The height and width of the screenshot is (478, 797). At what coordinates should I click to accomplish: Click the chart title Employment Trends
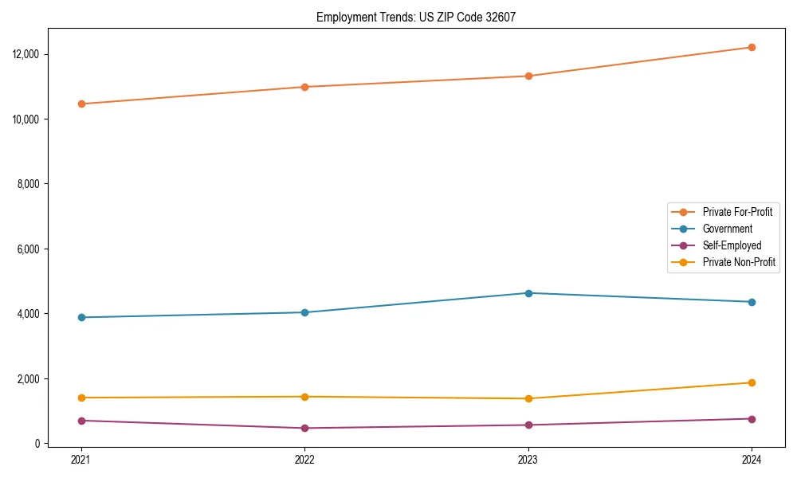click(x=416, y=17)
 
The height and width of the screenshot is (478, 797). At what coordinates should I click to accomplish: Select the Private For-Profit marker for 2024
click(x=752, y=47)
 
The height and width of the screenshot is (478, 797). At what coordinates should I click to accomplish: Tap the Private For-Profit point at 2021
click(x=80, y=104)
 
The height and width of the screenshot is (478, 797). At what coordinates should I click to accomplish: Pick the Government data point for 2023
click(x=528, y=293)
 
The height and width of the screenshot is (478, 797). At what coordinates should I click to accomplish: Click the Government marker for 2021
click(x=80, y=317)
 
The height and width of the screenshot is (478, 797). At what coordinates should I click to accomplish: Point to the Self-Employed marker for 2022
click(x=304, y=428)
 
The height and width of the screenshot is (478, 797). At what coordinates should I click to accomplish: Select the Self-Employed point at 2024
click(x=752, y=419)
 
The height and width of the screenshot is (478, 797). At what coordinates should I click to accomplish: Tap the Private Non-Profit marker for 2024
click(x=752, y=382)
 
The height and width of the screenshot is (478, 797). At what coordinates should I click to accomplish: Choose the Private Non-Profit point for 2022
click(x=304, y=397)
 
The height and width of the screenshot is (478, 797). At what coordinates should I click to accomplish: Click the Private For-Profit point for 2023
click(x=528, y=76)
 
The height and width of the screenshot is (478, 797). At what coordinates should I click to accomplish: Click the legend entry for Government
click(x=727, y=229)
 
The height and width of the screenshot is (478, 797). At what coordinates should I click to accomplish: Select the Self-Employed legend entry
click(x=732, y=245)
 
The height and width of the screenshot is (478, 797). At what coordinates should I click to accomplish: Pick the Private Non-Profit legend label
click(x=739, y=262)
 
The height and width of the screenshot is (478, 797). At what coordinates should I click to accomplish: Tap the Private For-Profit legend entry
click(x=737, y=212)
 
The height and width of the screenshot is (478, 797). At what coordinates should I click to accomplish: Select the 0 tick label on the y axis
click(x=37, y=444)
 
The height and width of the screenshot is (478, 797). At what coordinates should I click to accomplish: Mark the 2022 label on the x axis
click(x=304, y=459)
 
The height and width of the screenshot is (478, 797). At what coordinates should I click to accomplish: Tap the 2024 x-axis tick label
click(x=752, y=459)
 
